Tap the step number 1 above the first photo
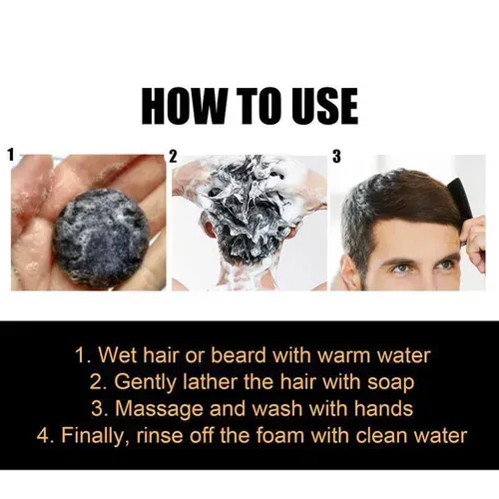click(x=11, y=156)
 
